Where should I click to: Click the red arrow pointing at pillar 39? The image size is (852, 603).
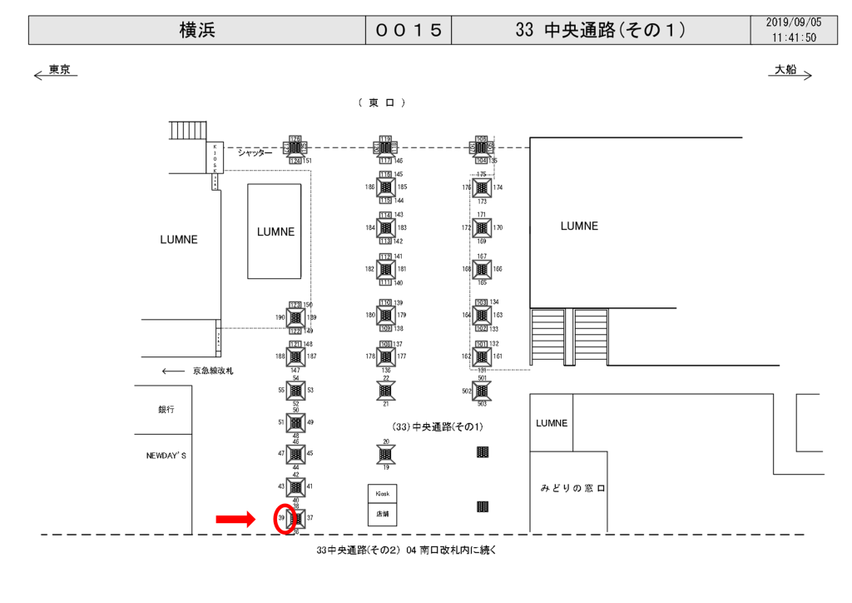coord(235,520)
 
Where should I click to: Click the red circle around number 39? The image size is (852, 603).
coord(283,519)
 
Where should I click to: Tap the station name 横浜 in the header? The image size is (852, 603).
coord(197,30)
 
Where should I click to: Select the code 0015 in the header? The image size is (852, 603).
coord(408,30)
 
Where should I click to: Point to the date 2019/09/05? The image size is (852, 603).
coord(793,22)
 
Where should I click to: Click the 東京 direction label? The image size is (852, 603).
coord(59,70)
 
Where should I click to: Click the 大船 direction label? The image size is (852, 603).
coord(785,70)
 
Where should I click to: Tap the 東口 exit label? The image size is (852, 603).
coord(382,102)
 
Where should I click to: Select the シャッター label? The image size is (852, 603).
coord(255,153)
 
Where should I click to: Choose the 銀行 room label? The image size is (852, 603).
coord(166,410)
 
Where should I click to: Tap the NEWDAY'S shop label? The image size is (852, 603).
coord(166,456)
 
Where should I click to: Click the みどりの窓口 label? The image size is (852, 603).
coord(573,488)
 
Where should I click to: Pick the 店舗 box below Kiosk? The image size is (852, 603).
coord(382,514)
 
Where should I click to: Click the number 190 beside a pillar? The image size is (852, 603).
coord(280,318)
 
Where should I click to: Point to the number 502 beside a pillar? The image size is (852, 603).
coord(467,391)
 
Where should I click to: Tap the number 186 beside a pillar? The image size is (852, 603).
coord(370,187)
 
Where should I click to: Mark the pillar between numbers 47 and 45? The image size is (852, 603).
coord(296,454)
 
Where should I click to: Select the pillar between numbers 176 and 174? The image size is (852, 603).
coord(482,188)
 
